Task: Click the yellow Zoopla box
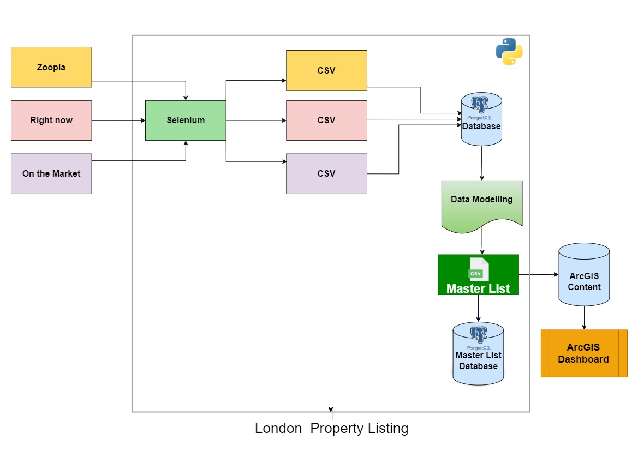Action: tap(51, 67)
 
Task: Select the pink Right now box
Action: tap(51, 121)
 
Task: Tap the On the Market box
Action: tap(51, 173)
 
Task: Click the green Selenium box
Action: tap(186, 121)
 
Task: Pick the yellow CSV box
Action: tap(326, 70)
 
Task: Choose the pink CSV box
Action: tap(326, 121)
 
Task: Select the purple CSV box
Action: tap(326, 173)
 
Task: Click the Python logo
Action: tap(509, 52)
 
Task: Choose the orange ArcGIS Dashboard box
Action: tap(584, 353)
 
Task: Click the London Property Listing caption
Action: tap(331, 429)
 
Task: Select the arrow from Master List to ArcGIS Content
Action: tap(538, 274)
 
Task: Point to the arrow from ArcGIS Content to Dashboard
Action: tap(584, 317)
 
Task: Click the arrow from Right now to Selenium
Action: tap(118, 121)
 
